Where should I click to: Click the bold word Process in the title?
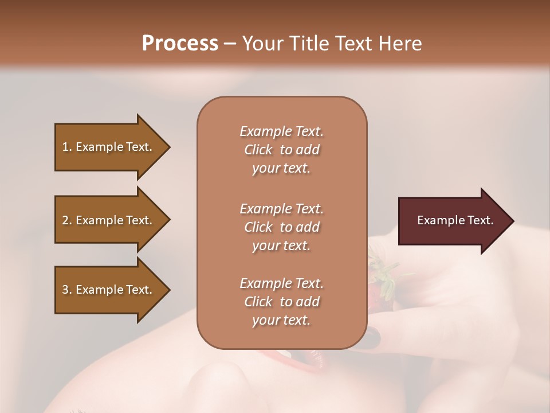180,44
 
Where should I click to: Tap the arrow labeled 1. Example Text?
109,147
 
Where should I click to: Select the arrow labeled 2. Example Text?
109,220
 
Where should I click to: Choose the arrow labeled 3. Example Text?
109,290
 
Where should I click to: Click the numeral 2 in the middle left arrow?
65,220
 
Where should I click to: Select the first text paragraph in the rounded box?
281,150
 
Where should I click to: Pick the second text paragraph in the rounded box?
281,227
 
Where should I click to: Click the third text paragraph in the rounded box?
281,302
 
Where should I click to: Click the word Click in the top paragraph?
258,150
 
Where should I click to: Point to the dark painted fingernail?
373,338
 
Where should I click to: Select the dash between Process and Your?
230,44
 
